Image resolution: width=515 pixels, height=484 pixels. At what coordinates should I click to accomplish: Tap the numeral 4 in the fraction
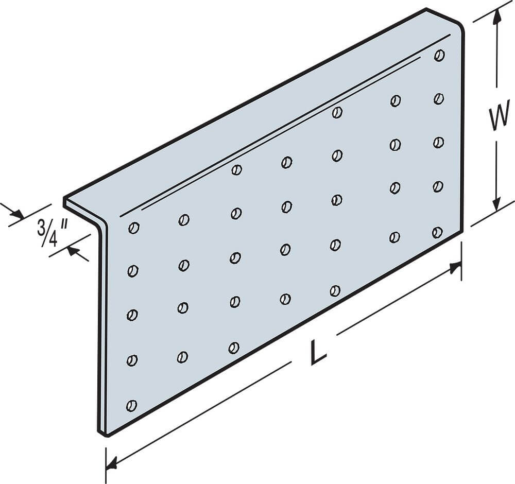coord(52,239)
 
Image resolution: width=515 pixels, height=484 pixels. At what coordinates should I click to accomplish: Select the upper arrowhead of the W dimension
coord(497,14)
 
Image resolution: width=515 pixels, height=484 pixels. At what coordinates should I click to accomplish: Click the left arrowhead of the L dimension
coord(112,463)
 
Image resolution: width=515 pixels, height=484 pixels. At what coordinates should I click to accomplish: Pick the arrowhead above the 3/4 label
coord(16,214)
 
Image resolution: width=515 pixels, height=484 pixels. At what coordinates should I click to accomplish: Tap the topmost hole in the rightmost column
coord(439,55)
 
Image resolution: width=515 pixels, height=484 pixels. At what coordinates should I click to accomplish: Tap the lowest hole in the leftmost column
coord(131,406)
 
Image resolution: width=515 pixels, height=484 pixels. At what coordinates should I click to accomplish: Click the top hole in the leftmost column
coord(134,228)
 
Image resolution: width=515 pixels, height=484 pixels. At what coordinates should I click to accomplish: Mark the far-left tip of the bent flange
coord(64,200)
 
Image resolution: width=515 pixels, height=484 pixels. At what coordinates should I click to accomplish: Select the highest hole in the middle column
coord(287,162)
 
